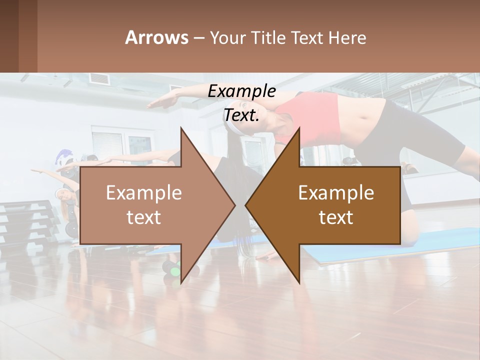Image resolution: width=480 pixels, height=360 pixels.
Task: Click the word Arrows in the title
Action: point(156,37)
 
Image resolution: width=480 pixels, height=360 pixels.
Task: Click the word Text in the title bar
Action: point(308,37)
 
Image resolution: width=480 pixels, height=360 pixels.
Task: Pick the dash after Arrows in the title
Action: point(198,38)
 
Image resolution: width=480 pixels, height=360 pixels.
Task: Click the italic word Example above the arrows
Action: point(241,91)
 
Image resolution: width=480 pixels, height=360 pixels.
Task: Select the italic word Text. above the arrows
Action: point(241,115)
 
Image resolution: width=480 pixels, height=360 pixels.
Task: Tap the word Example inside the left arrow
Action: point(143,193)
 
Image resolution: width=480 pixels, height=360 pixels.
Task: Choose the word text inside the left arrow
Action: point(143,217)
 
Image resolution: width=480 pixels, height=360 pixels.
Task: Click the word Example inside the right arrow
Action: point(336,193)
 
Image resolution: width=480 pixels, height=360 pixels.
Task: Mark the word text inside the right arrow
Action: point(336,217)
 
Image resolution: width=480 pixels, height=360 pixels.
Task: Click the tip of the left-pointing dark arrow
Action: point(246,205)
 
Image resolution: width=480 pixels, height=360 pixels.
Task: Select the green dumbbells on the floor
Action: point(174,272)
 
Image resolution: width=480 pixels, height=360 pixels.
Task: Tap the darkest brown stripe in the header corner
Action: point(9,36)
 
